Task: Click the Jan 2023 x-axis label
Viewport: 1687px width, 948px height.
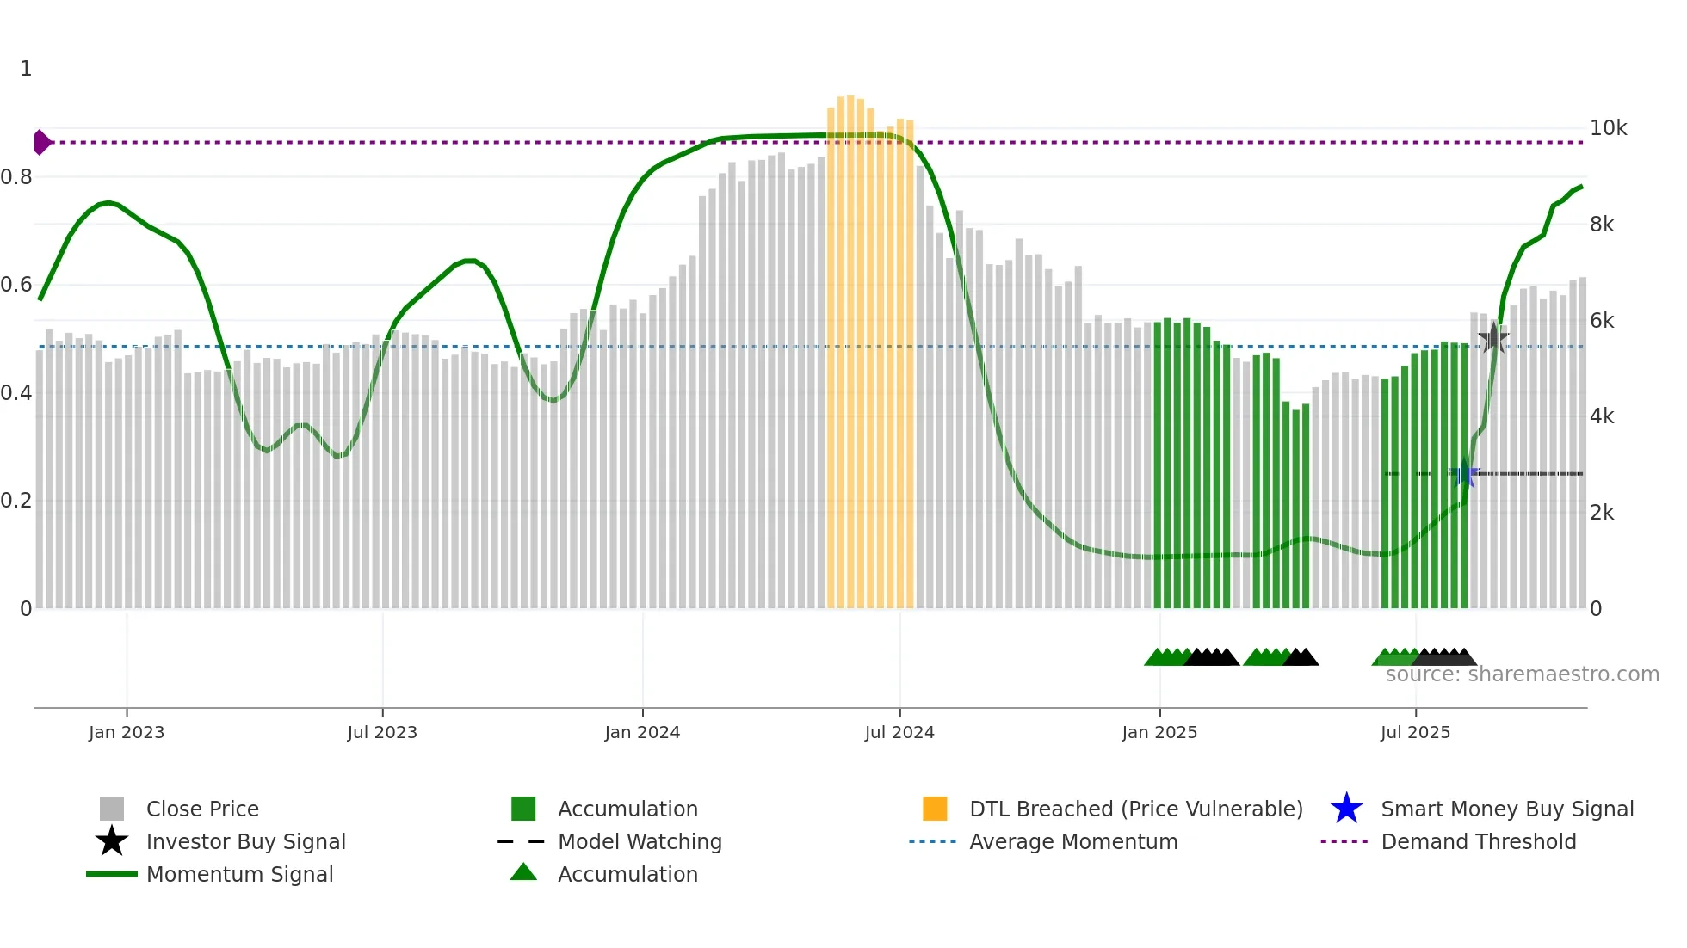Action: click(x=126, y=732)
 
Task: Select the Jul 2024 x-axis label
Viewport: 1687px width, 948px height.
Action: click(x=899, y=732)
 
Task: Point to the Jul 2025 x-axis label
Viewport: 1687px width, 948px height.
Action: click(x=1415, y=732)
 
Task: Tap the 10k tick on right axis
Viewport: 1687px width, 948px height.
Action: click(x=1607, y=128)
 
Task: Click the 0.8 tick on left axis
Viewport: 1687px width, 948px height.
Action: click(x=17, y=177)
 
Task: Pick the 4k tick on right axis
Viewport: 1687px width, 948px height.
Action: click(x=1602, y=416)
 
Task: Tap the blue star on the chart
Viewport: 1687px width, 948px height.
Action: click(x=1464, y=473)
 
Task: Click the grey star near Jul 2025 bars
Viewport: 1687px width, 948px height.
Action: click(x=1493, y=338)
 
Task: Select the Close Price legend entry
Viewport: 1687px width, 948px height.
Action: click(x=201, y=809)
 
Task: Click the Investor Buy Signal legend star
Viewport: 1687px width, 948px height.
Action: click(x=112, y=841)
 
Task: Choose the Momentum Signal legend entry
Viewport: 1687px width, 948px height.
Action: click(x=239, y=874)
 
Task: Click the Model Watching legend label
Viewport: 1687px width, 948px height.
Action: click(x=640, y=841)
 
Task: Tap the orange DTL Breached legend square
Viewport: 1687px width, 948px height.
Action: click(x=935, y=809)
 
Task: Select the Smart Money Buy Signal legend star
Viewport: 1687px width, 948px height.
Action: click(x=1346, y=809)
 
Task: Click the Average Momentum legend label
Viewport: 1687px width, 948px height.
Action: click(x=1073, y=841)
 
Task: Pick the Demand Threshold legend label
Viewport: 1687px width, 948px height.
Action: click(x=1478, y=841)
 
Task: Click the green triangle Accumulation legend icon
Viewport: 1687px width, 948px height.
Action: click(x=523, y=873)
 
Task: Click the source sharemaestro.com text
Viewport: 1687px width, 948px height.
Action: click(x=1522, y=674)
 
